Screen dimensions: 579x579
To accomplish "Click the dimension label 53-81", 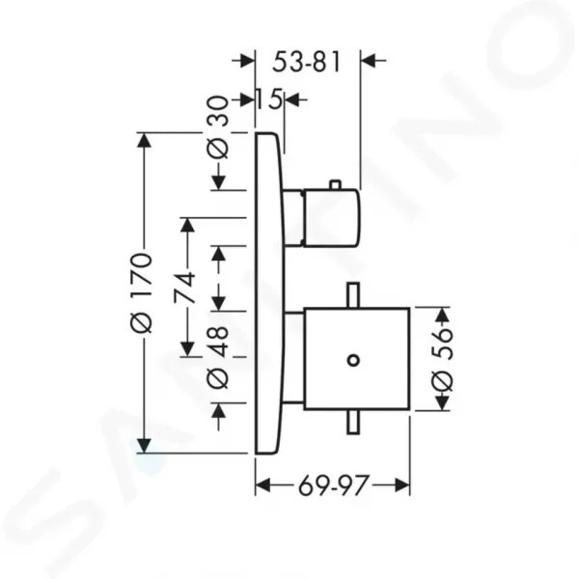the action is [306, 62].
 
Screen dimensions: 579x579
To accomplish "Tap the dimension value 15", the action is [269, 99].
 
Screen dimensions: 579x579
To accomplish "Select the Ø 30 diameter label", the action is [218, 127].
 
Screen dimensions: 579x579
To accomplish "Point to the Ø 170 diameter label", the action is [142, 292].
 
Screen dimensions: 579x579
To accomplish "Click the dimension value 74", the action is [185, 288].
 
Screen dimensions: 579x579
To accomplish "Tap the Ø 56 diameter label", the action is [442, 360].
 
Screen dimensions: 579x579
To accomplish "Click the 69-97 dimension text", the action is [334, 485].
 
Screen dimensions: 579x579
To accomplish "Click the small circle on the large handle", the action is [354, 360].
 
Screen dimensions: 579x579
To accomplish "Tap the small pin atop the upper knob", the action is [335, 185].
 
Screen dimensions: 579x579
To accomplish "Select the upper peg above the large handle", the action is [353, 295].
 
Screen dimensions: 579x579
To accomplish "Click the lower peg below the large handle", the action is [353, 422].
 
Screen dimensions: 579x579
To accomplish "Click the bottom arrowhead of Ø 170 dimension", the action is [144, 445].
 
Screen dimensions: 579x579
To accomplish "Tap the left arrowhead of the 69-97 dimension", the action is [263, 485].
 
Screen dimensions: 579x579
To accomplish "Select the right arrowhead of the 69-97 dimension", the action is [401, 485].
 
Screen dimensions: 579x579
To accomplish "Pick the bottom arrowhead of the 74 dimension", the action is [188, 347].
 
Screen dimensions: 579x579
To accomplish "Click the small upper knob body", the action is [331, 218].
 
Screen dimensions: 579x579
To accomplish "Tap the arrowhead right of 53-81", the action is [370, 60].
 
